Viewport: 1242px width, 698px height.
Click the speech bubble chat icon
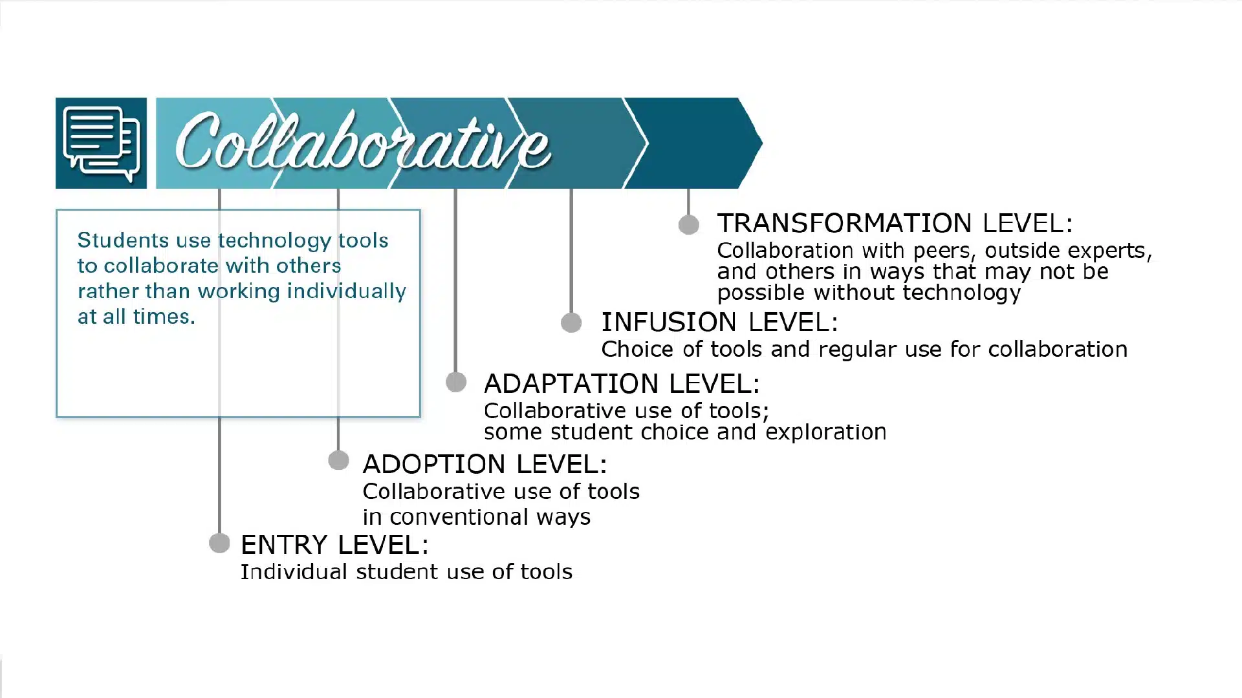pyautogui.click(x=102, y=143)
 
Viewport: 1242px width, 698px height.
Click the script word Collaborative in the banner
pyautogui.click(x=363, y=143)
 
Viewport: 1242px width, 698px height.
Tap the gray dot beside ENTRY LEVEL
pyautogui.click(x=220, y=543)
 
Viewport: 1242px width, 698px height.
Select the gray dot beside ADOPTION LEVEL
pyautogui.click(x=338, y=460)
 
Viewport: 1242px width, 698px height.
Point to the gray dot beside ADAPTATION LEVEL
pyautogui.click(x=456, y=382)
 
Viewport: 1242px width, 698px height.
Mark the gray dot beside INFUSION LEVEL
pyautogui.click(x=571, y=323)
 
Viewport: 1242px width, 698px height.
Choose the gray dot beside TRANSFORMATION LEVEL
pyautogui.click(x=689, y=224)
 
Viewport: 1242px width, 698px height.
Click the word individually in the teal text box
pyautogui.click(x=346, y=291)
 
